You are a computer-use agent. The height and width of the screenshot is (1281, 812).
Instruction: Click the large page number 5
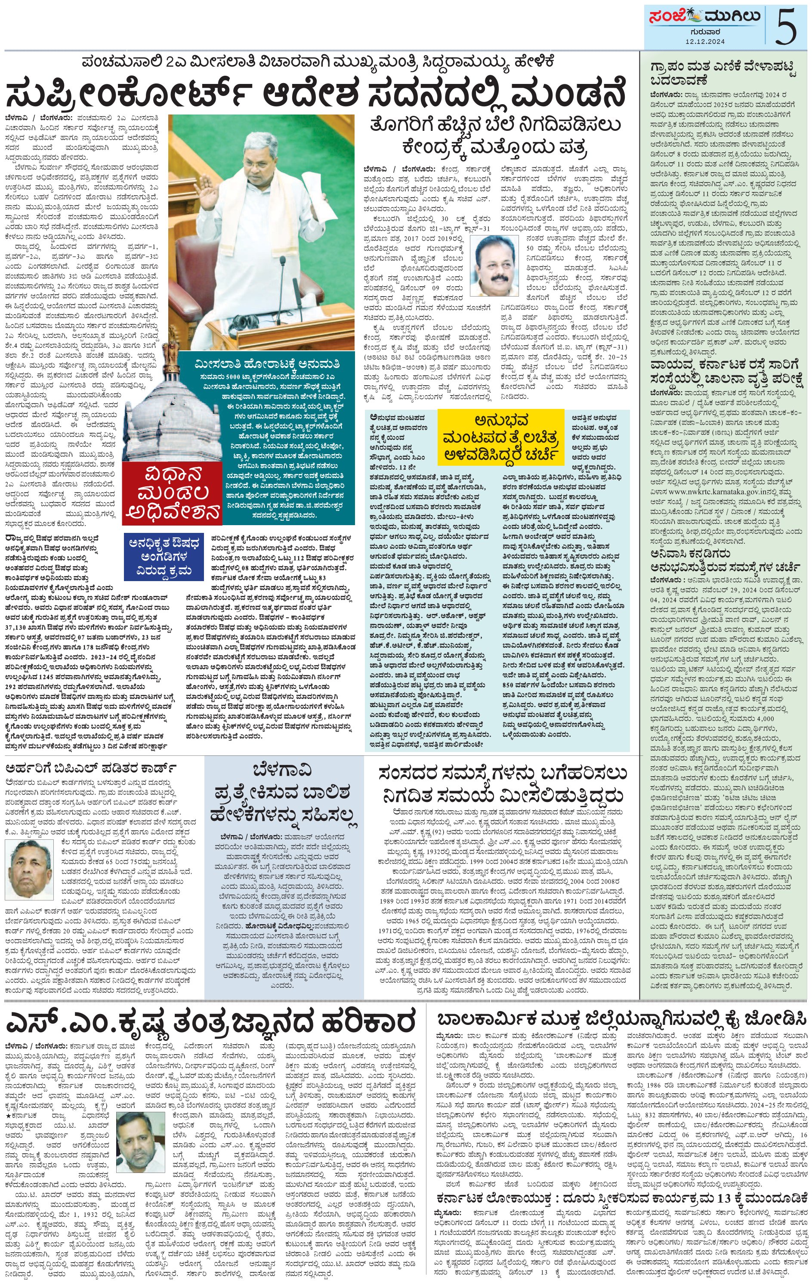(786, 25)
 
